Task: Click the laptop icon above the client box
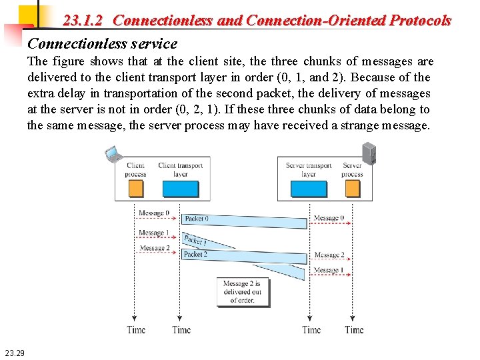pyautogui.click(x=114, y=155)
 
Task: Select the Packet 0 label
pyautogui.click(x=197, y=219)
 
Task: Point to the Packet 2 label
pyautogui.click(x=195, y=254)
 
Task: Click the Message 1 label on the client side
pyautogui.click(x=154, y=233)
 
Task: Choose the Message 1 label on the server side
pyautogui.click(x=329, y=270)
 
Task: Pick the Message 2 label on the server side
pyautogui.click(x=329, y=255)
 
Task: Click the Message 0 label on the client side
pyautogui.click(x=154, y=213)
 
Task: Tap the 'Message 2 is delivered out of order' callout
pyautogui.click(x=243, y=292)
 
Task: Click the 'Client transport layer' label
pyautogui.click(x=181, y=169)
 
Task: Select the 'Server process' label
pyautogui.click(x=352, y=169)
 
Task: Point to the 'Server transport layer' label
pyautogui.click(x=309, y=169)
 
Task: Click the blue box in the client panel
pyautogui.click(x=181, y=190)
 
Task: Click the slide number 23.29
pyautogui.click(x=14, y=353)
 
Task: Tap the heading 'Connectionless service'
pyautogui.click(x=102, y=44)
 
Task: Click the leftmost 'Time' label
pyautogui.click(x=136, y=329)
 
